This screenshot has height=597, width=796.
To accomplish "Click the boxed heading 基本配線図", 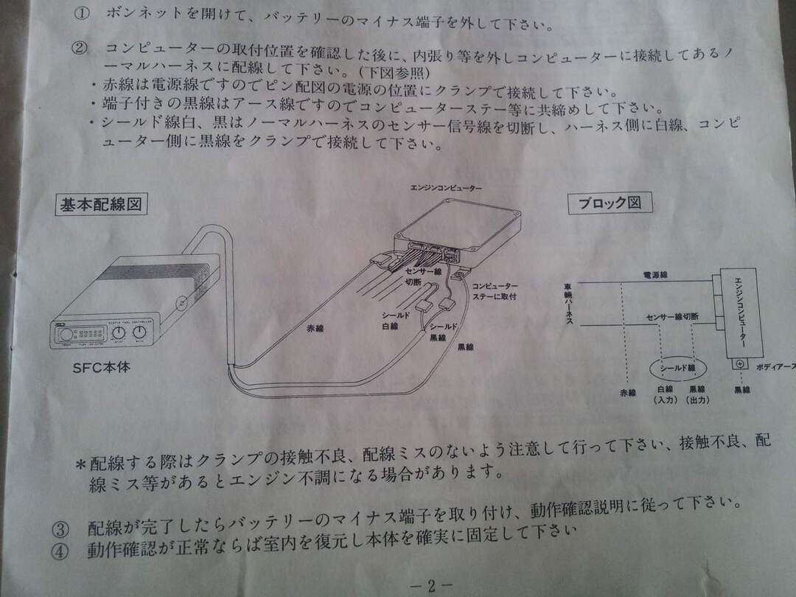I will point(101,204).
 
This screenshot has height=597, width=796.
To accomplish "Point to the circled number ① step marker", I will point(82,13).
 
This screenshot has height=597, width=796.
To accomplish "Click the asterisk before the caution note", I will point(80,464).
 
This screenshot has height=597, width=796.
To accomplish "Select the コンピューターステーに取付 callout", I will point(494,290).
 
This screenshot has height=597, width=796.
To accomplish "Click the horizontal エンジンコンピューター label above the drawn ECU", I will point(447,189).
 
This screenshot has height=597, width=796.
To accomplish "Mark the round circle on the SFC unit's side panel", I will point(182,302).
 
